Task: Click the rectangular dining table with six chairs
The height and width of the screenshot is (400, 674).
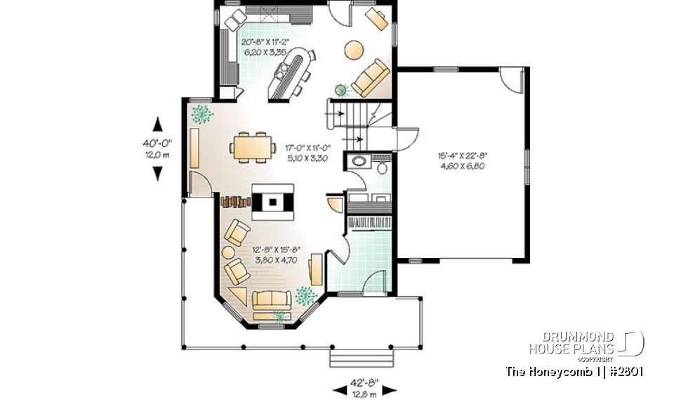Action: point(252,146)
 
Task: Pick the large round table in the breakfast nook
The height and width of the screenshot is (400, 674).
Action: point(354,50)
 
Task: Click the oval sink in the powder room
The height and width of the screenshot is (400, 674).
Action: point(359,162)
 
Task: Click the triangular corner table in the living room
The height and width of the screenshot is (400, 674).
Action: point(238,295)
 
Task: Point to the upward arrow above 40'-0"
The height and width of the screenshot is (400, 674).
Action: point(158,124)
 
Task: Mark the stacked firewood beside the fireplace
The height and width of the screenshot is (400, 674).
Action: point(235,202)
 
